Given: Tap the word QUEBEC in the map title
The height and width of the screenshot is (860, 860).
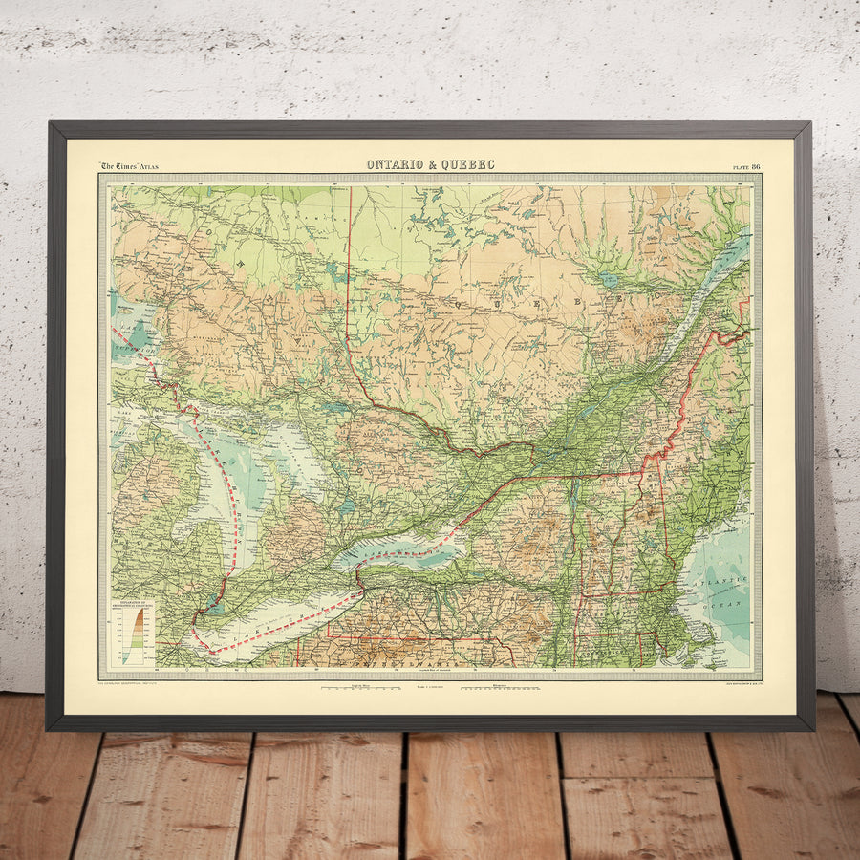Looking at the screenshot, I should [x=469, y=164].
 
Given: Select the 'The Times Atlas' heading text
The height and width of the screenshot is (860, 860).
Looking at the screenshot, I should [x=130, y=166].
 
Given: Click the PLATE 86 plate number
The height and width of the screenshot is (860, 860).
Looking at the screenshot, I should [x=746, y=166].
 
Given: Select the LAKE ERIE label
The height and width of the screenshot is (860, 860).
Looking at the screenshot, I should [x=287, y=621].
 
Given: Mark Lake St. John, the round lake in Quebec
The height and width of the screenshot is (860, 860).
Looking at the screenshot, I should [x=609, y=280].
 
